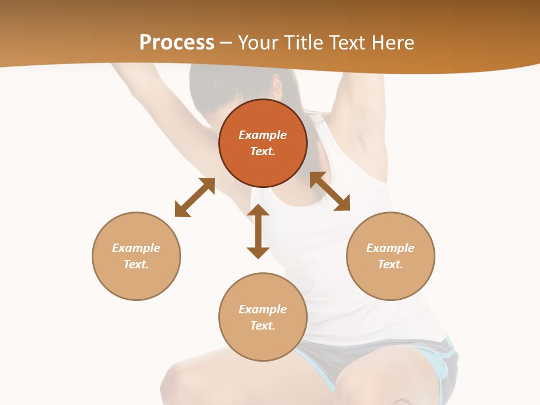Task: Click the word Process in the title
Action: click(x=177, y=43)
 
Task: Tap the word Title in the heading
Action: click(x=302, y=43)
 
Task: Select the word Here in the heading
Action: click(x=393, y=43)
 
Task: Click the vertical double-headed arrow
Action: click(x=258, y=231)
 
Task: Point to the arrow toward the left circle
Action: click(x=195, y=197)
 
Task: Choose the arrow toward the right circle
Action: click(x=330, y=191)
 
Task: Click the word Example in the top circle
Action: click(x=263, y=135)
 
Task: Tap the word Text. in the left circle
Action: click(x=136, y=264)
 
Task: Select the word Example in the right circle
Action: click(x=390, y=248)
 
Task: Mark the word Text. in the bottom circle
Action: click(x=263, y=326)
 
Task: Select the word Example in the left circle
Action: click(x=136, y=248)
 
